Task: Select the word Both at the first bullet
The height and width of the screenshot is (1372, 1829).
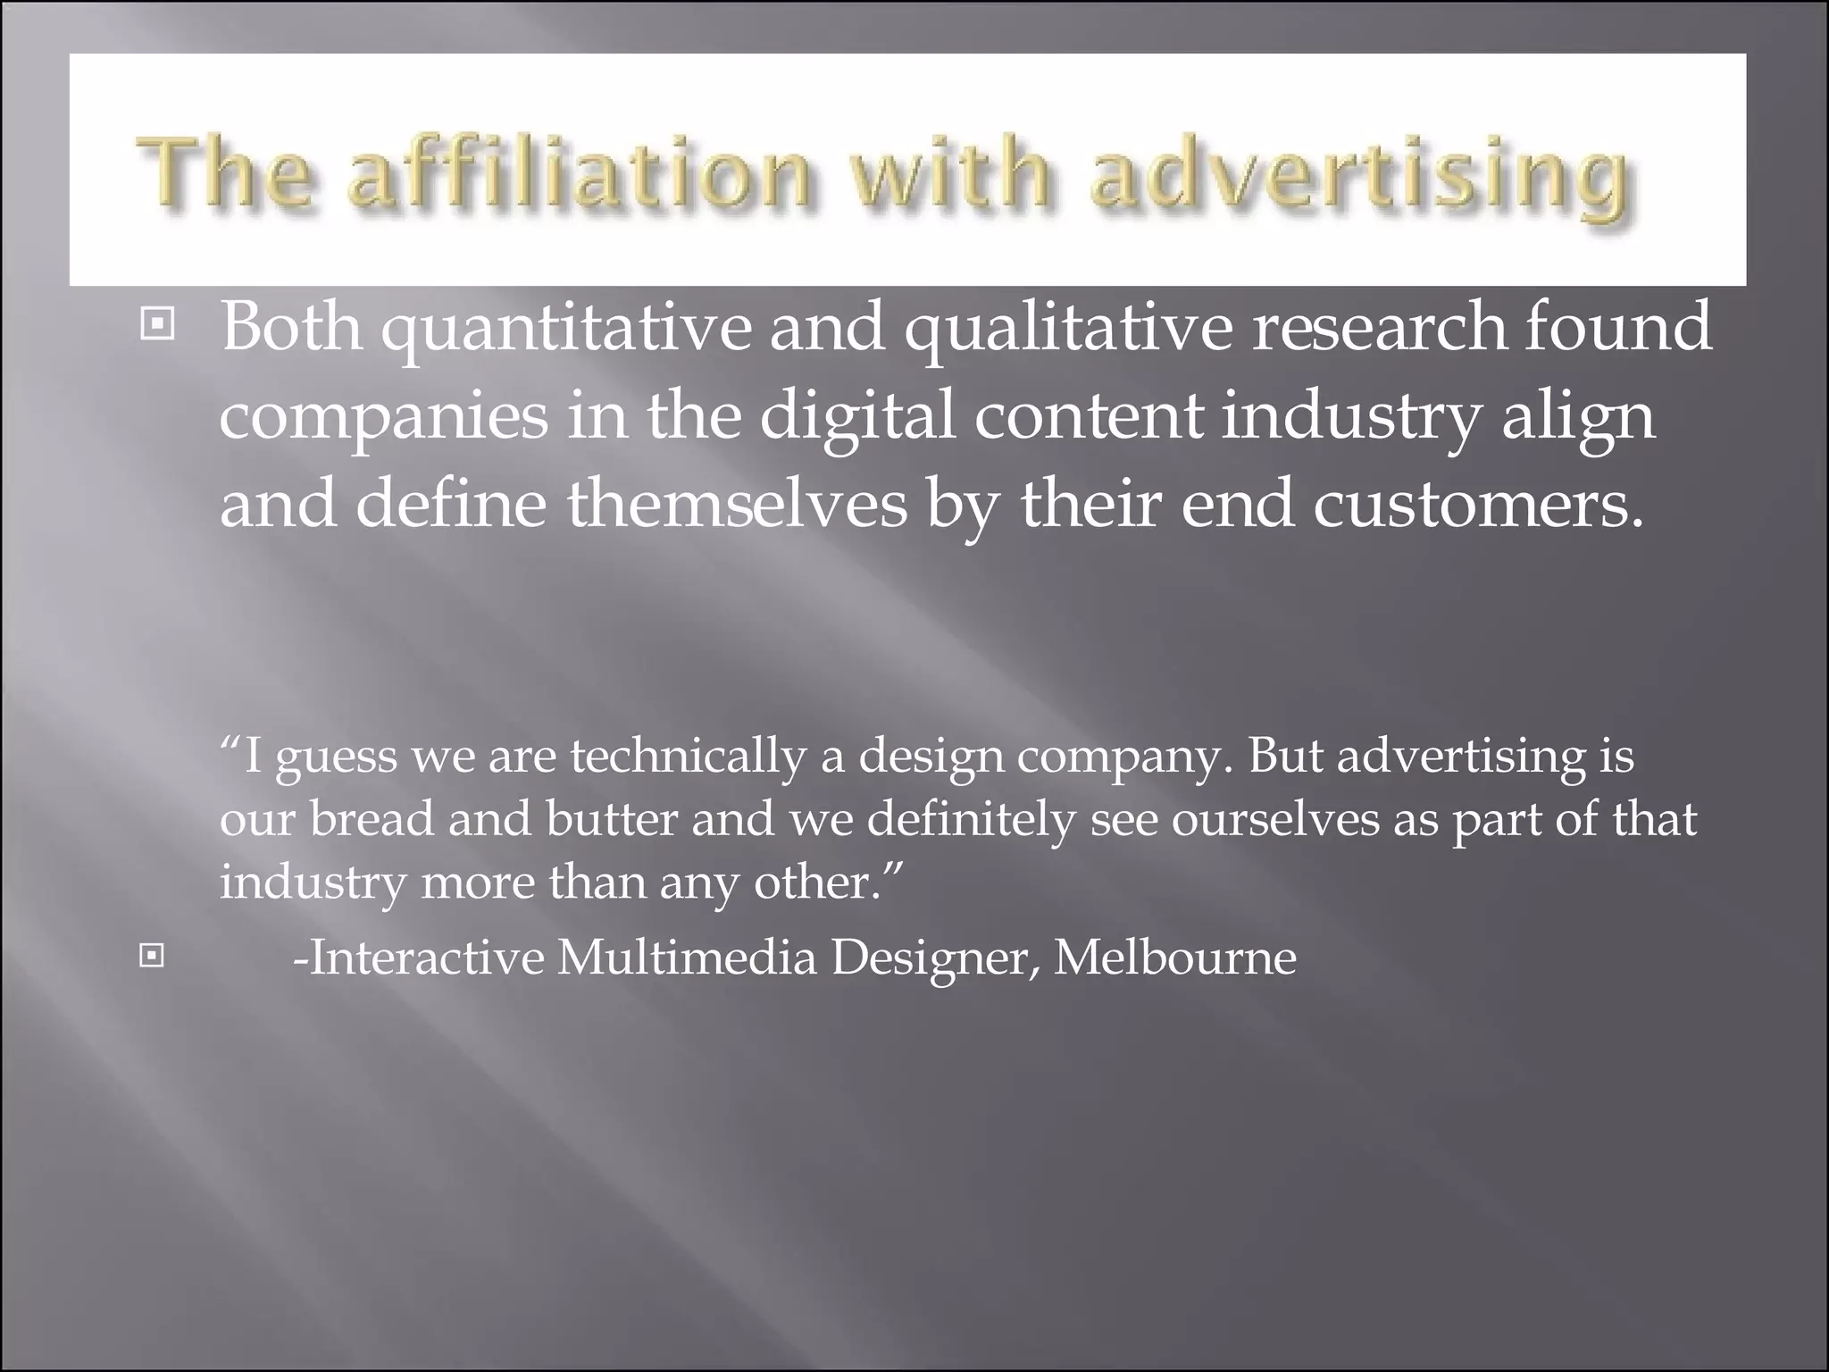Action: (291, 325)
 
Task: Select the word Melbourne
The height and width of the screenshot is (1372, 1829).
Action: (1175, 958)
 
